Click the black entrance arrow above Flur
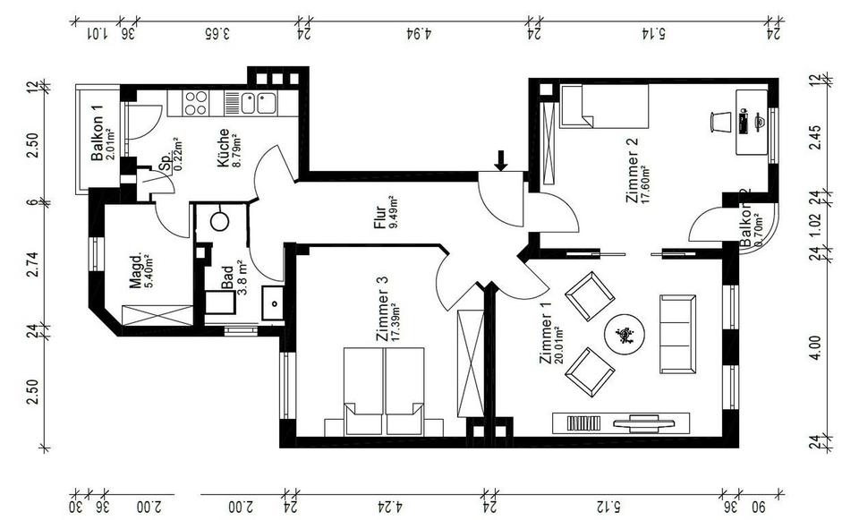[x=502, y=160]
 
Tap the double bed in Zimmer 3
[x=383, y=391]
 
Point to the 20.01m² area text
[x=558, y=340]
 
